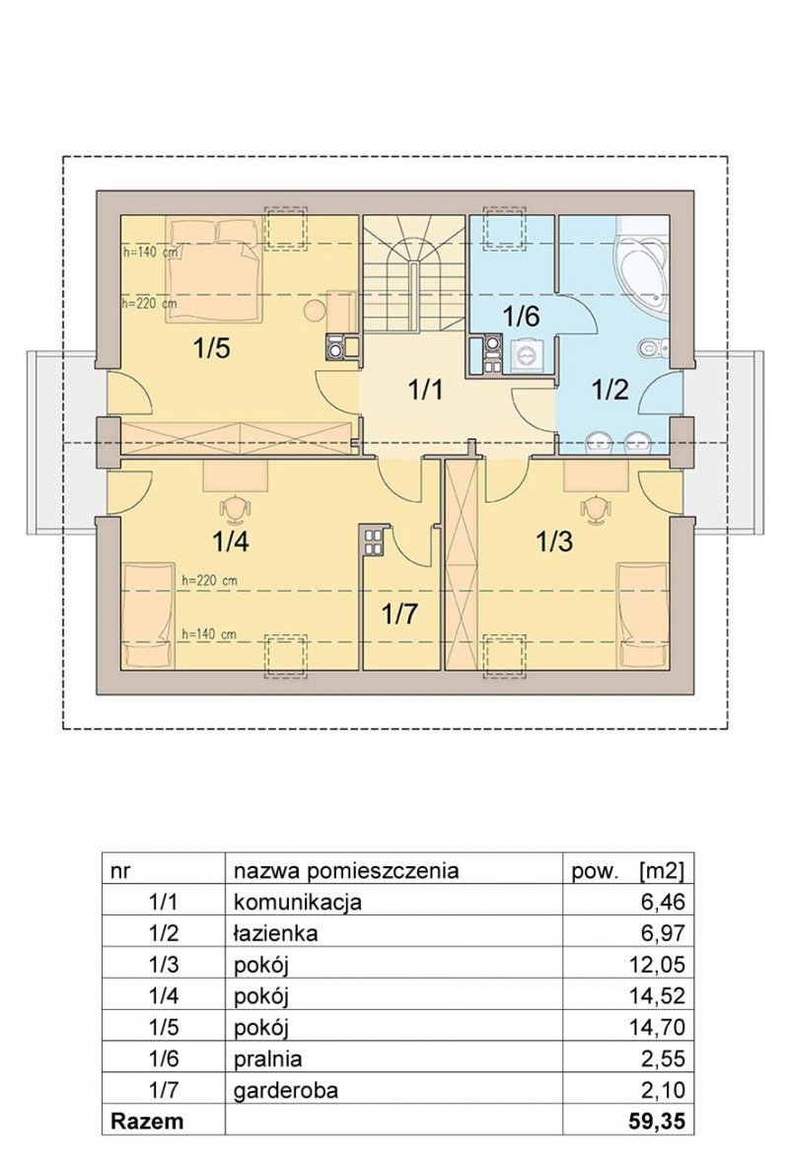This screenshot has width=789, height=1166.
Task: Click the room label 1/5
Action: pos(211,348)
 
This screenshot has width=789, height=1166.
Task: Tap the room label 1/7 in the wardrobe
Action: pos(400,615)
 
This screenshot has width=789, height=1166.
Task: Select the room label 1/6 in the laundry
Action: pos(521,316)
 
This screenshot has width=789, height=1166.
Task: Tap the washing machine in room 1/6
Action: pos(527,356)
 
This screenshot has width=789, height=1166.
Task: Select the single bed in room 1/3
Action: pos(642,616)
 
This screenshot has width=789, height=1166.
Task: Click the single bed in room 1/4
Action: pos(148,616)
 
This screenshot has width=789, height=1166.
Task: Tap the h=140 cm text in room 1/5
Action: pos(150,253)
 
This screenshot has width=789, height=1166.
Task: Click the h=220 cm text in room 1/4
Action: pos(209,580)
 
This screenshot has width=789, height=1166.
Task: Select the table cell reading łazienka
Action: pos(276,932)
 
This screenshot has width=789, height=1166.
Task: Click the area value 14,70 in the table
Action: pos(657,1027)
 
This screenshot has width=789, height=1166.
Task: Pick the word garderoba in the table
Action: pos(286,1090)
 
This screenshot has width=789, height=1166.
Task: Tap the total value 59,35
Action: pos(657,1121)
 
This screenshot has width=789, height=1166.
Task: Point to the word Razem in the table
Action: pos(147,1121)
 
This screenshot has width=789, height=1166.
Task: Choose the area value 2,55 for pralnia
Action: pos(663,1058)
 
